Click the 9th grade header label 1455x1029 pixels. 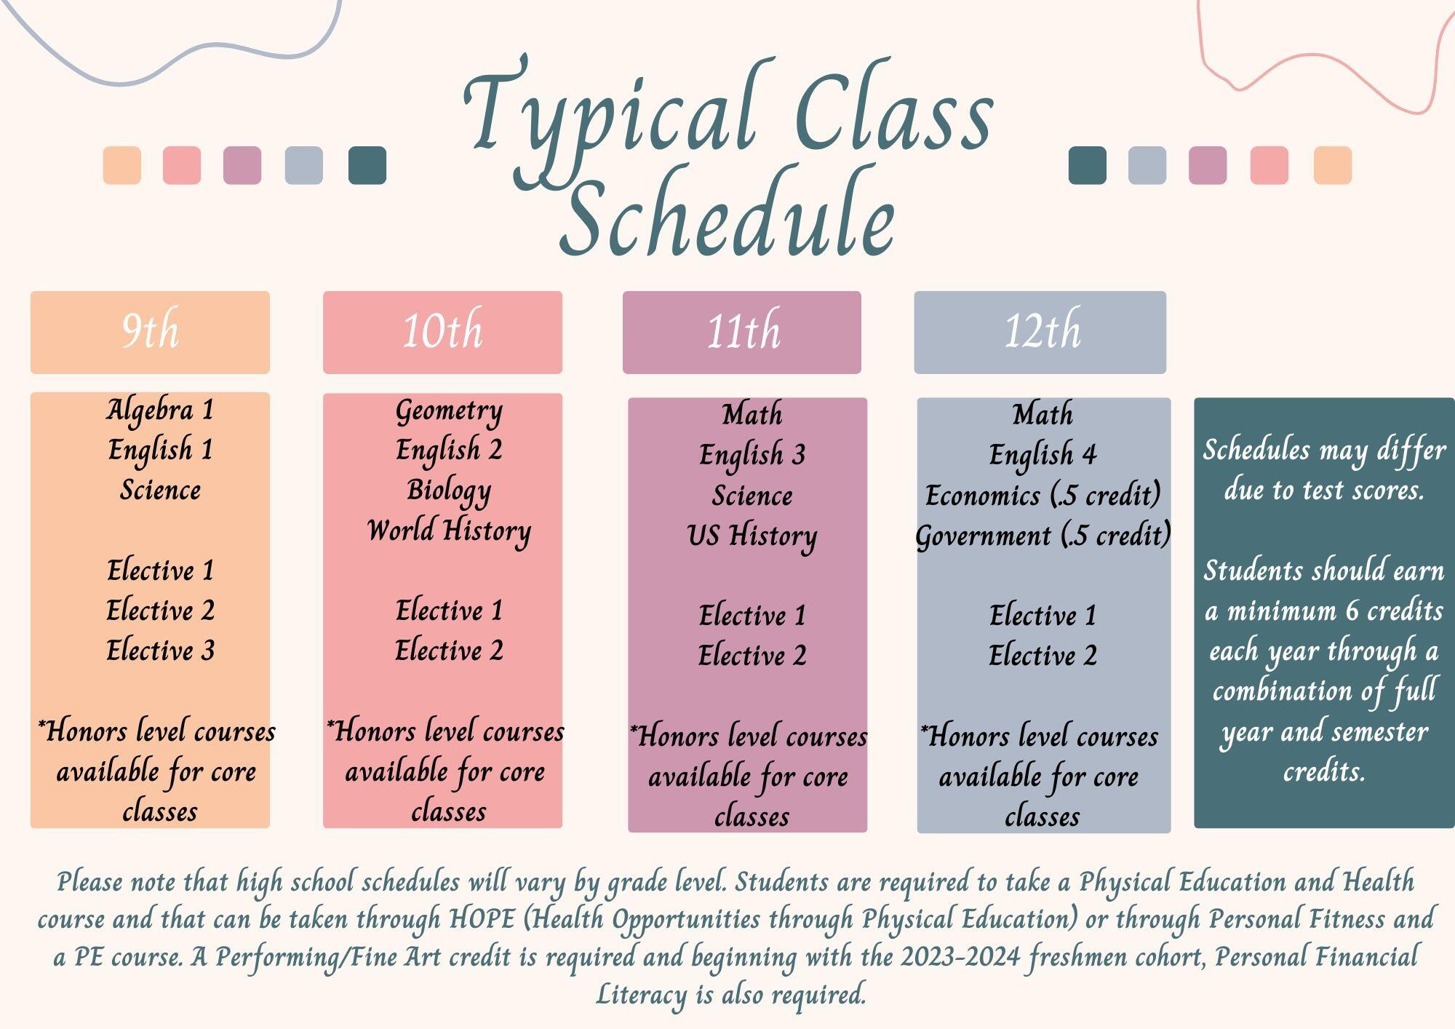click(x=150, y=331)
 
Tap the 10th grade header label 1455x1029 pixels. click(x=442, y=331)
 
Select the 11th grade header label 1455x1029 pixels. click(x=743, y=331)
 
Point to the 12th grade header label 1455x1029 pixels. click(x=1042, y=331)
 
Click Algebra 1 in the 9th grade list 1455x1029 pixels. click(x=160, y=410)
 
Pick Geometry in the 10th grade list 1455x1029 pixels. click(x=449, y=412)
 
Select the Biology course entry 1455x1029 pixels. click(x=449, y=491)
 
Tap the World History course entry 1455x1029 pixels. click(x=449, y=531)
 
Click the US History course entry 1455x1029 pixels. click(x=752, y=536)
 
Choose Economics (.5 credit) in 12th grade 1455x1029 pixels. click(x=1043, y=496)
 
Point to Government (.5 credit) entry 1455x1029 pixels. click(x=1043, y=536)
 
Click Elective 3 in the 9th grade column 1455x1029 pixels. click(x=160, y=651)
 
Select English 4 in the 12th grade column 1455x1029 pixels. click(x=1043, y=456)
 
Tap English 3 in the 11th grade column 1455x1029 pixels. click(x=752, y=456)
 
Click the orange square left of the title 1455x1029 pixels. click(x=122, y=165)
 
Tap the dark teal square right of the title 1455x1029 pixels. click(x=1088, y=165)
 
